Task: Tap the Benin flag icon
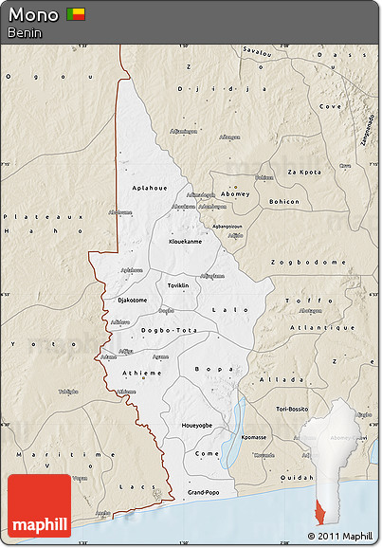[75, 14]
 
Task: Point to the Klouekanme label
[185, 242]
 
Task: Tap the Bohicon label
[283, 202]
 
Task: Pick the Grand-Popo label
[203, 493]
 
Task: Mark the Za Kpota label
[303, 172]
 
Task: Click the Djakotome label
[132, 301]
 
